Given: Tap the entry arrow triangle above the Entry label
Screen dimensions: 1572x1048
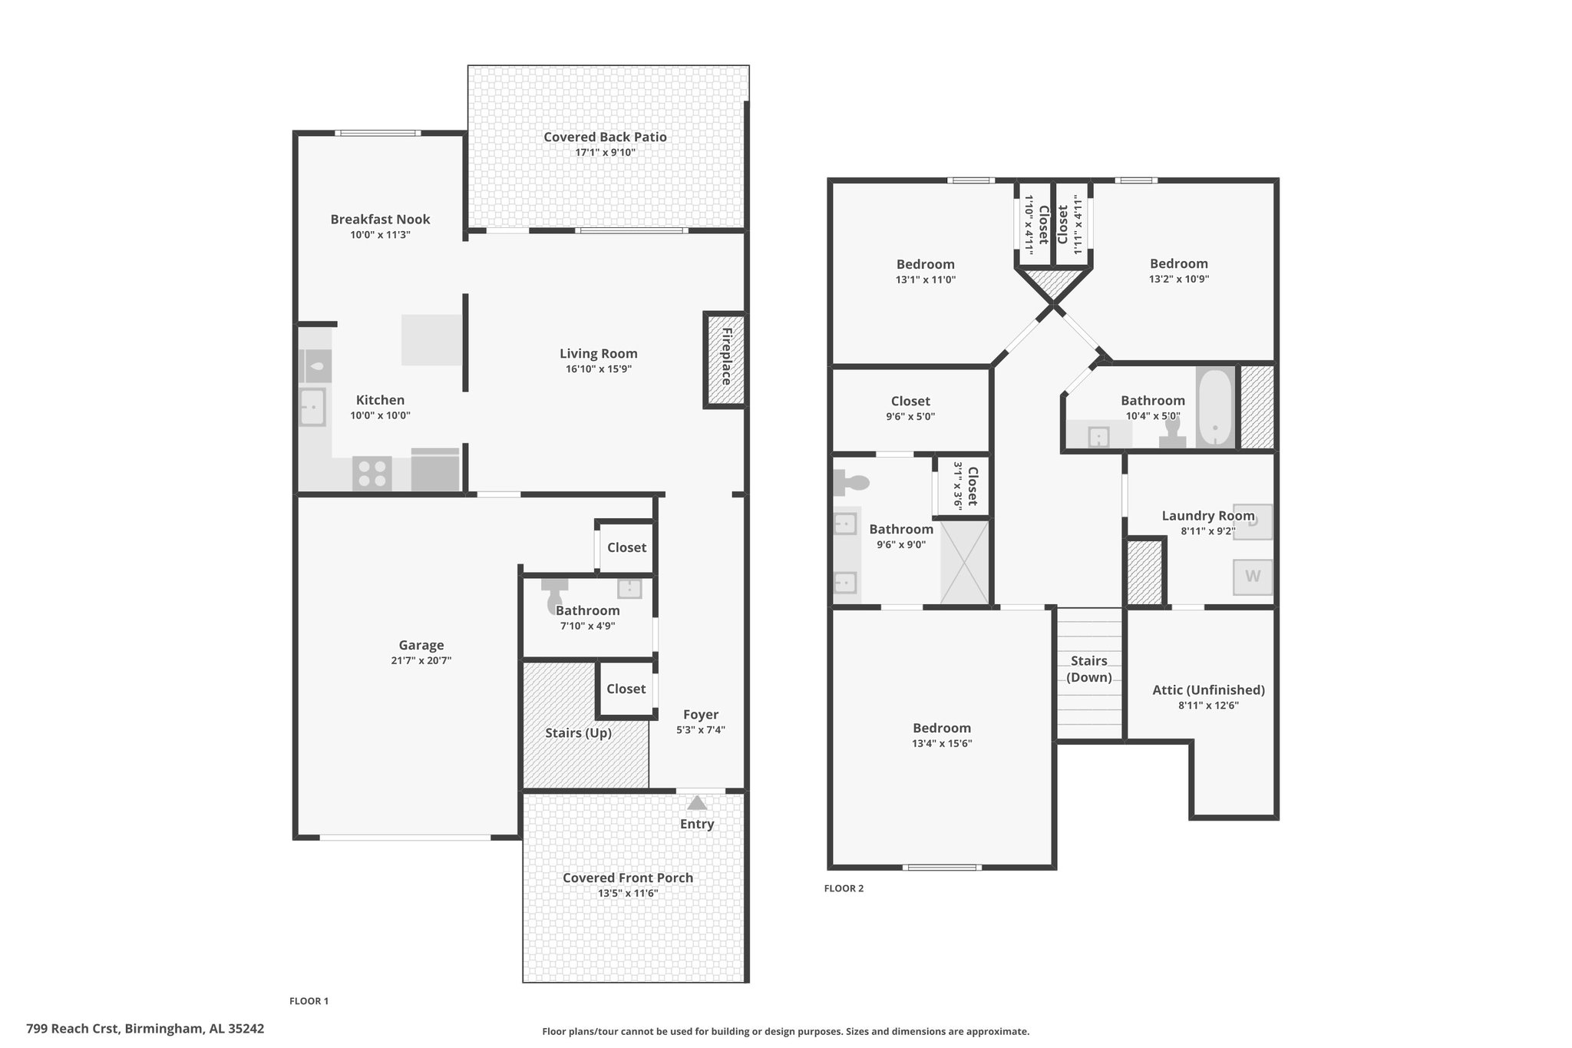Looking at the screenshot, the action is tap(697, 803).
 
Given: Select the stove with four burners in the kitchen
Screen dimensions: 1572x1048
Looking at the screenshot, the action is tap(372, 473).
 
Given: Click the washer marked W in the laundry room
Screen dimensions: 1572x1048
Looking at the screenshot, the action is tap(1253, 577).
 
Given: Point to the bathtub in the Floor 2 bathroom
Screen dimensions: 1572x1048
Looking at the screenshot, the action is tap(1214, 408).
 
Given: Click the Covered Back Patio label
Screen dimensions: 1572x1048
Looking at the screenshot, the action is tap(605, 137).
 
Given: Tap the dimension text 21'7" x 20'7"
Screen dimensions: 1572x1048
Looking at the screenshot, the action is tap(421, 660).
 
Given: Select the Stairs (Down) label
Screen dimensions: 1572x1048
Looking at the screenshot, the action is tap(1089, 669).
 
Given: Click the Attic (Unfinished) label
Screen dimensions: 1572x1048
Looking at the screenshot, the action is tap(1208, 689).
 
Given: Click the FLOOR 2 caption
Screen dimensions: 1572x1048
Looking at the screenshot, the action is tap(844, 888).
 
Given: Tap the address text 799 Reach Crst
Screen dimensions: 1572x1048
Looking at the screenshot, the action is tap(72, 1028).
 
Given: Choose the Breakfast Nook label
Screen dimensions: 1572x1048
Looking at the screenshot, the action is tap(380, 219).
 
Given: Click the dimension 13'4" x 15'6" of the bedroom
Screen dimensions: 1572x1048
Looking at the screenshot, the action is tap(942, 743).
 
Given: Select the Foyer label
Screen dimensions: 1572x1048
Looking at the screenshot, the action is tap(701, 715).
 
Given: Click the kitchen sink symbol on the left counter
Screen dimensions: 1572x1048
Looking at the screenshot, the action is tap(312, 407).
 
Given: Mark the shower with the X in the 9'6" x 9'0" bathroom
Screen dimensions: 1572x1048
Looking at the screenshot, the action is tap(965, 561).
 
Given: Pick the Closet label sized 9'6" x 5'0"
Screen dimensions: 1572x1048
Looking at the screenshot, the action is tap(910, 401).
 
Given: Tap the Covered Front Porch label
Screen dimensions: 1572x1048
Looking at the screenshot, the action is tap(628, 878).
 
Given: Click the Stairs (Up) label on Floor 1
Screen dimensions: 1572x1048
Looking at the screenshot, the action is tap(578, 732).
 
